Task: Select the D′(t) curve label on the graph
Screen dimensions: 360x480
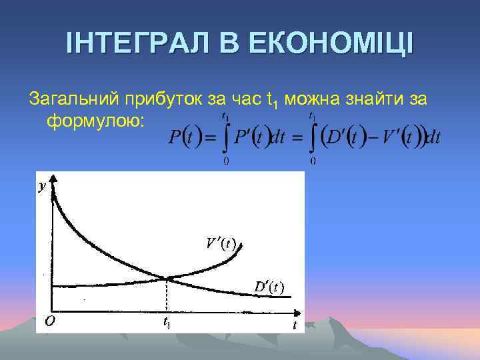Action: (x=269, y=287)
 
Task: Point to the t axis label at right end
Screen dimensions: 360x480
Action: (x=294, y=325)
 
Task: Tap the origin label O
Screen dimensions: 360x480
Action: (x=49, y=321)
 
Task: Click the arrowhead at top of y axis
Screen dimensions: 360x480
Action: (x=53, y=177)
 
